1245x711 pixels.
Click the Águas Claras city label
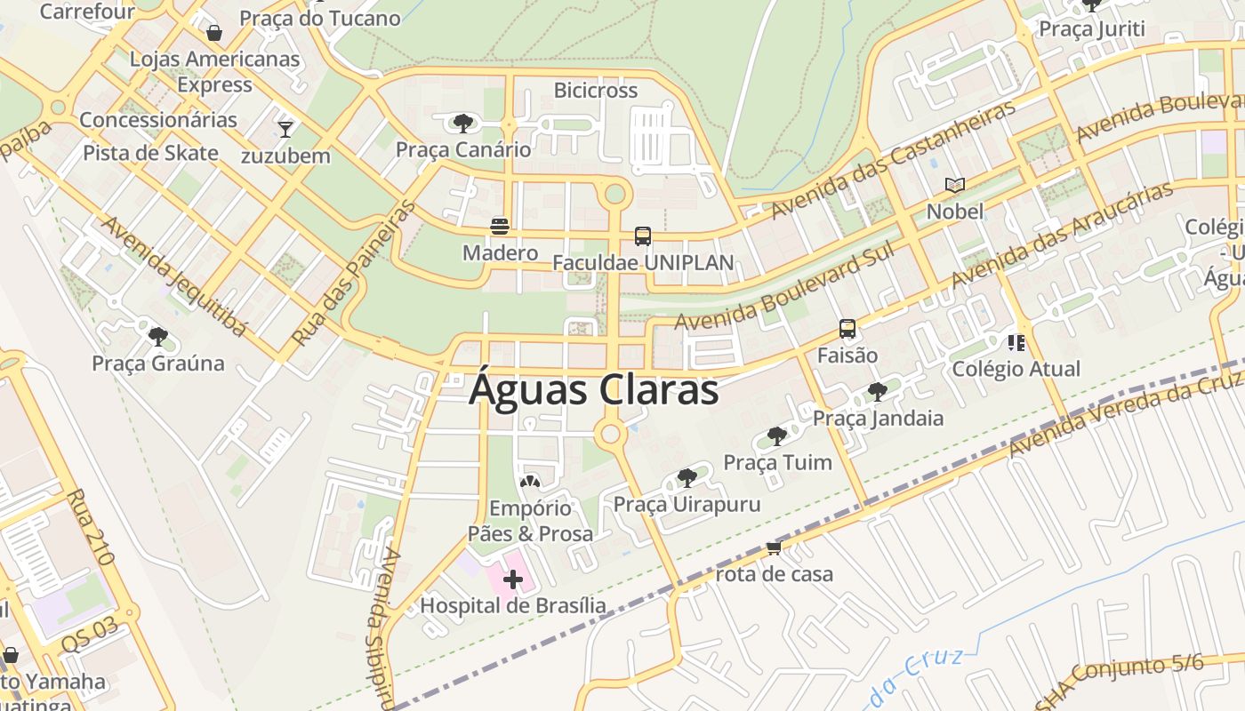click(x=593, y=390)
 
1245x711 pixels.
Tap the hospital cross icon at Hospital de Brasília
click(x=512, y=580)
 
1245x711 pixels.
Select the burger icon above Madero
click(x=500, y=226)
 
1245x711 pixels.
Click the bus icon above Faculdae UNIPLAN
click(x=643, y=236)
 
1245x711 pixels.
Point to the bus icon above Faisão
click(x=847, y=329)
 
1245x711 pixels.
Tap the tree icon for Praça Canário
click(x=462, y=123)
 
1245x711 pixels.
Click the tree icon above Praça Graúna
click(x=158, y=336)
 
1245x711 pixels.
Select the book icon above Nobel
click(x=955, y=185)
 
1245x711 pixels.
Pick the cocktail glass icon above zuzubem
click(x=285, y=130)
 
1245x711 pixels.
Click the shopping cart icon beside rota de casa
click(x=774, y=548)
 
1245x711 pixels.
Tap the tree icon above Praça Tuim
click(x=777, y=435)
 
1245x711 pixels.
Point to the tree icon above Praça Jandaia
click(x=878, y=391)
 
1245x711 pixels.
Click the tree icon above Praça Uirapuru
click(x=687, y=478)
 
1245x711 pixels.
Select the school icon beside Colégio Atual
click(x=1016, y=342)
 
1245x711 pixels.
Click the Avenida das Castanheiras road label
click(x=893, y=161)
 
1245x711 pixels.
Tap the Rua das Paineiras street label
click(x=353, y=274)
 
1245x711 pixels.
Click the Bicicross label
click(x=596, y=91)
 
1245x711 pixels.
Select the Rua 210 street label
click(x=90, y=528)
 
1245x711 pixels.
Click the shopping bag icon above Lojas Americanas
click(x=214, y=34)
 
